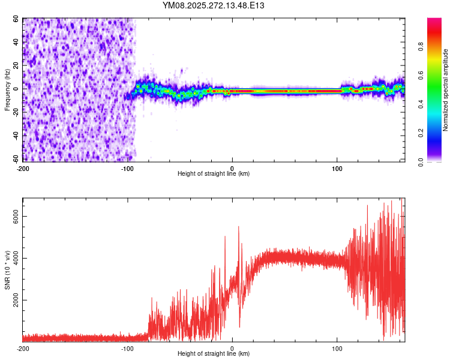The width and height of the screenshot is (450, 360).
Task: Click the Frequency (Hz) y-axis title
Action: [7, 89]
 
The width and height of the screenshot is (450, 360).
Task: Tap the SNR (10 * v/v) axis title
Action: [7, 270]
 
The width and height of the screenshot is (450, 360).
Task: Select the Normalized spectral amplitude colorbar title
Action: [446, 90]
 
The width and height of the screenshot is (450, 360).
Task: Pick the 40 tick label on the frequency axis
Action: [16, 43]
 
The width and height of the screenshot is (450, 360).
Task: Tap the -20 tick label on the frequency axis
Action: [14, 113]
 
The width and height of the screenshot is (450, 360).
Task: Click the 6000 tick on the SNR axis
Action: [14, 217]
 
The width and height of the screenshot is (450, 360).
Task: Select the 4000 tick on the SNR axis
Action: [14, 259]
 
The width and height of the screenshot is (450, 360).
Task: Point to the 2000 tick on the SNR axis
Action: [14, 301]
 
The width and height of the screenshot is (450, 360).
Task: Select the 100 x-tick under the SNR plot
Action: [337, 349]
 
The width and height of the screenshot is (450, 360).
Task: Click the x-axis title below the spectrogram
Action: [214, 174]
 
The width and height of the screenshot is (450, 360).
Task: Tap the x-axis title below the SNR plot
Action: [214, 354]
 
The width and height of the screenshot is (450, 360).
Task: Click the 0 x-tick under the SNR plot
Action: [232, 349]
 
